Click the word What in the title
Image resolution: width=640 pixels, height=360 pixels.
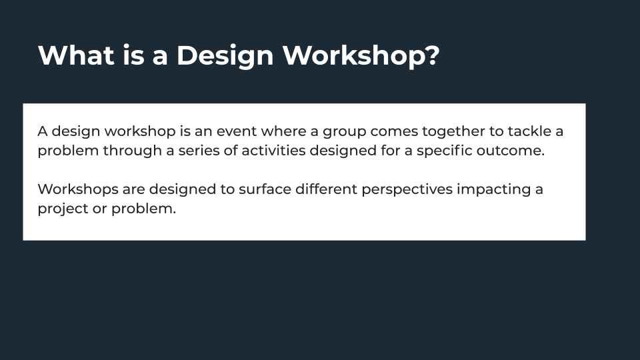tap(76, 55)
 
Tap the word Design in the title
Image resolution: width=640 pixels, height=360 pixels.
tap(225, 57)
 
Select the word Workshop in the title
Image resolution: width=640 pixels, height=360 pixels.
tap(353, 57)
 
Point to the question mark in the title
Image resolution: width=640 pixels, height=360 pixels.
tap(433, 55)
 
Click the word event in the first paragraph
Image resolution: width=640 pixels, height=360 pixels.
tap(237, 131)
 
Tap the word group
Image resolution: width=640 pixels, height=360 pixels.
tap(345, 133)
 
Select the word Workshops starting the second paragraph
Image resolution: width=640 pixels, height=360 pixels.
tap(78, 190)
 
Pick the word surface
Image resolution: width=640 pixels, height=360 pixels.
tap(265, 189)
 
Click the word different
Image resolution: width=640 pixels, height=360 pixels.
tap(327, 189)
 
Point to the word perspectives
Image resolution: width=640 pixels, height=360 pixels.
tap(407, 191)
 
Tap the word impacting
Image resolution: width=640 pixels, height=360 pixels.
tap(494, 191)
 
